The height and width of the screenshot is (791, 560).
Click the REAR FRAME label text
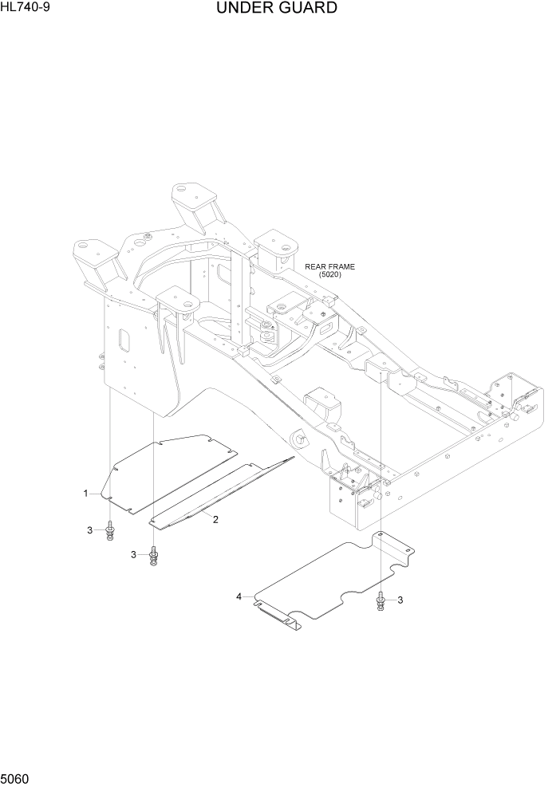[x=329, y=267]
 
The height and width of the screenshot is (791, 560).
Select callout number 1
[x=85, y=494]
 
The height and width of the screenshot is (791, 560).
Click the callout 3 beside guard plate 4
[x=400, y=600]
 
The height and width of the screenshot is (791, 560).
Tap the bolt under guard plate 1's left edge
[x=109, y=532]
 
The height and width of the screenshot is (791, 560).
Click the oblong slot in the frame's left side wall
[x=124, y=339]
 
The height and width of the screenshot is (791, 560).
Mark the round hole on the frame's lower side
[x=300, y=438]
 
